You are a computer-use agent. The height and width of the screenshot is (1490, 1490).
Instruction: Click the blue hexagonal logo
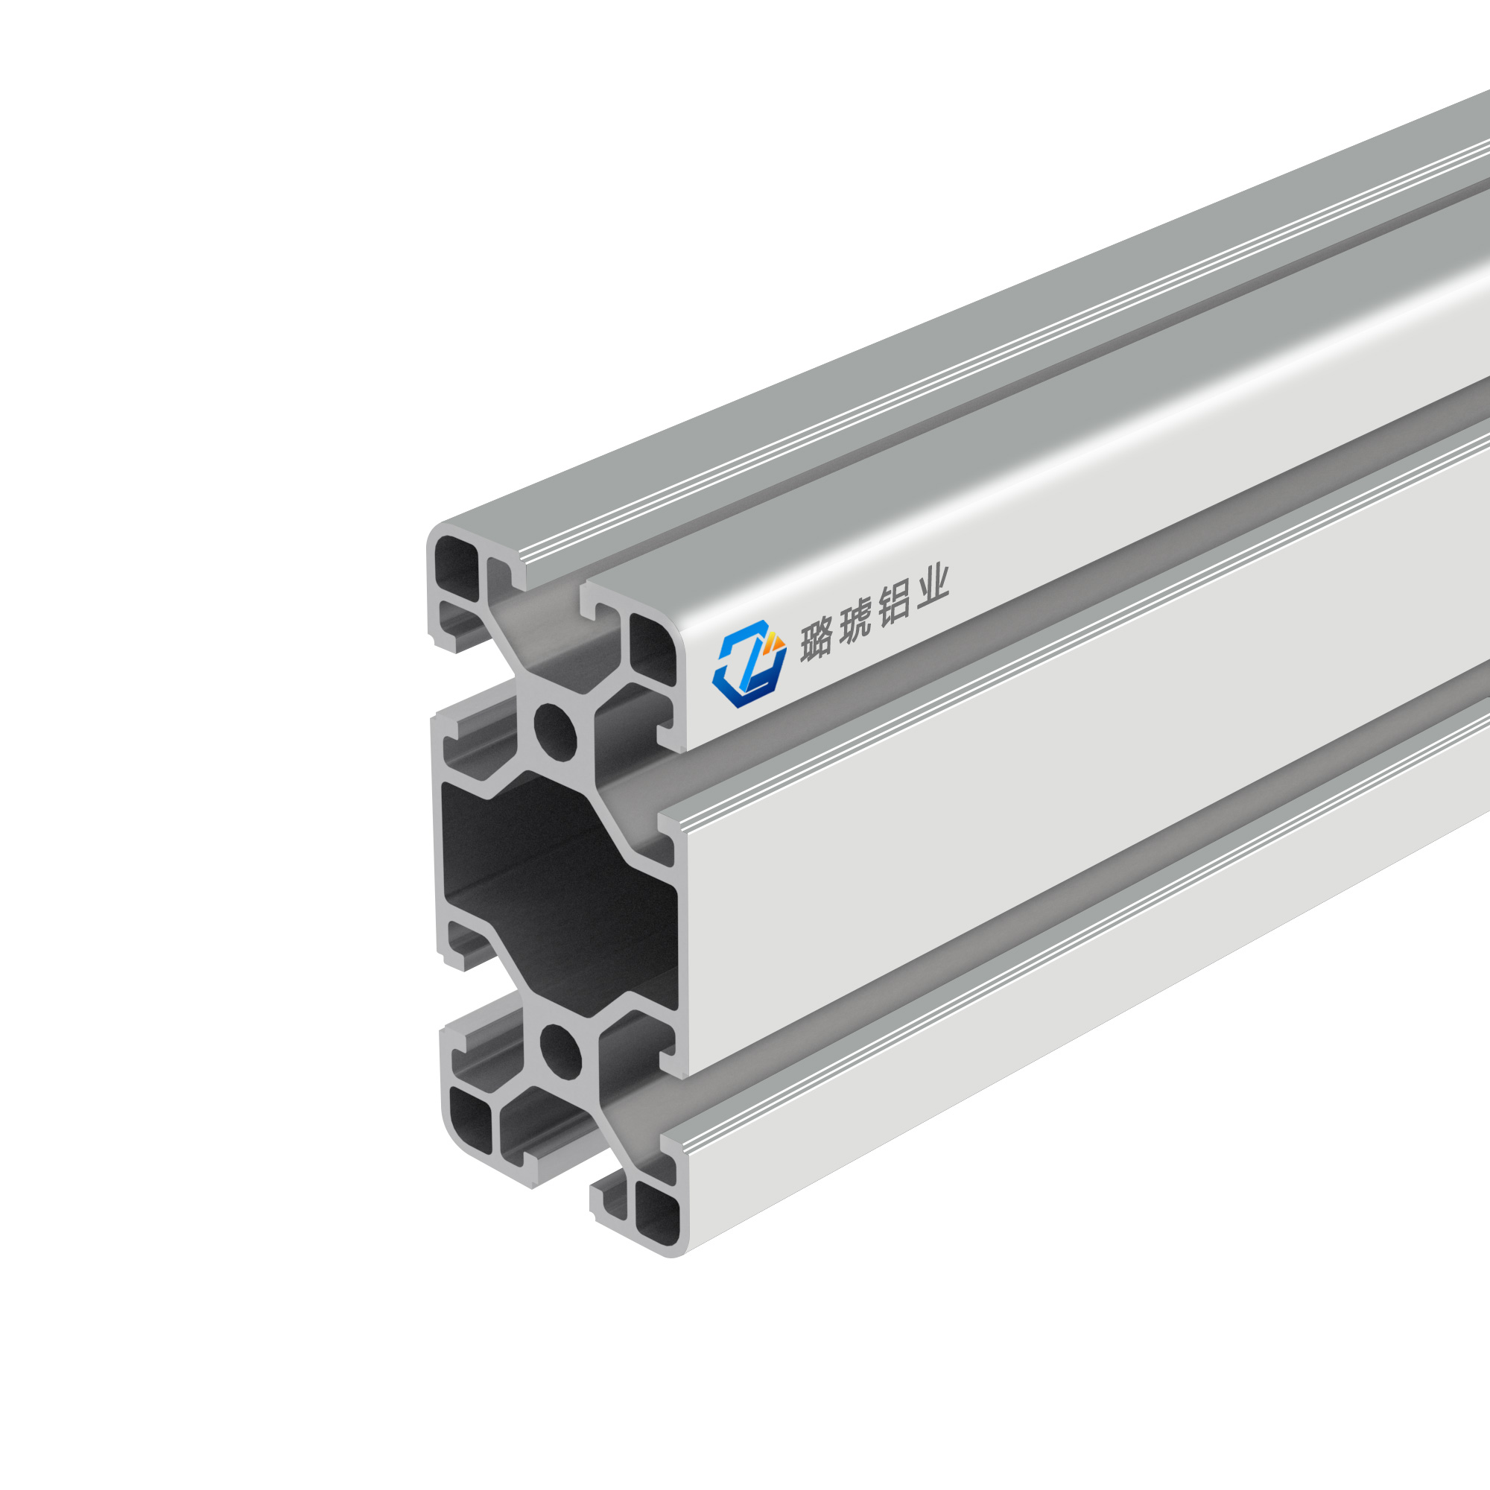click(749, 663)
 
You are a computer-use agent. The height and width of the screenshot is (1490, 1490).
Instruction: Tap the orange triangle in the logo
click(776, 639)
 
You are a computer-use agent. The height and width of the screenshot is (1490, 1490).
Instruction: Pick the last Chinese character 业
click(931, 590)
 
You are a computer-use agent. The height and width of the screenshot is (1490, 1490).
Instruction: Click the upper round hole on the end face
click(555, 729)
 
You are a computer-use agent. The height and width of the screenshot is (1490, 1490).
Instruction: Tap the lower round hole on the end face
click(561, 1050)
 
